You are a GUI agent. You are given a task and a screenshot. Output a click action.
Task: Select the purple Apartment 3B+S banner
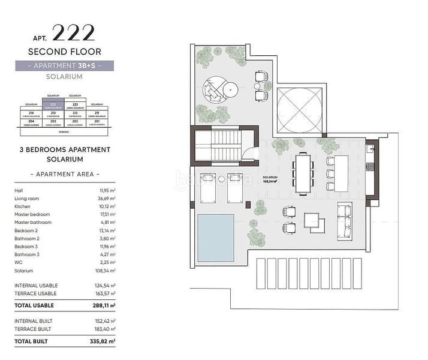(64, 65)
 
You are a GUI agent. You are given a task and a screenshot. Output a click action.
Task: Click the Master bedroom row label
(32, 214)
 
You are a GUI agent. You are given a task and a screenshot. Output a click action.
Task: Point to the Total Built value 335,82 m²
(103, 341)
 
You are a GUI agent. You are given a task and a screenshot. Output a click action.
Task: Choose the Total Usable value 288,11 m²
(103, 305)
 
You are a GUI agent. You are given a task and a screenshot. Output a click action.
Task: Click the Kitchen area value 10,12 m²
(104, 206)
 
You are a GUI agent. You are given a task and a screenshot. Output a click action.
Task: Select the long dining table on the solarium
(303, 171)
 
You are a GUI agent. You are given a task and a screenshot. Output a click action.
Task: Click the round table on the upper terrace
(231, 89)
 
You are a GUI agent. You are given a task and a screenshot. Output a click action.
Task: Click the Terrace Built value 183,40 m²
(103, 329)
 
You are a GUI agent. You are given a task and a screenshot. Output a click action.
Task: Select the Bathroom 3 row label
(26, 254)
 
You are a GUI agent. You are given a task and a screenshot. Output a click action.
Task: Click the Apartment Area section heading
(64, 174)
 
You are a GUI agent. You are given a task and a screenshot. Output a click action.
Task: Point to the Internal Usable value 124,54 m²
(103, 286)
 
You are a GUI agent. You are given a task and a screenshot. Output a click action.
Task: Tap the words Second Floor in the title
(64, 52)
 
